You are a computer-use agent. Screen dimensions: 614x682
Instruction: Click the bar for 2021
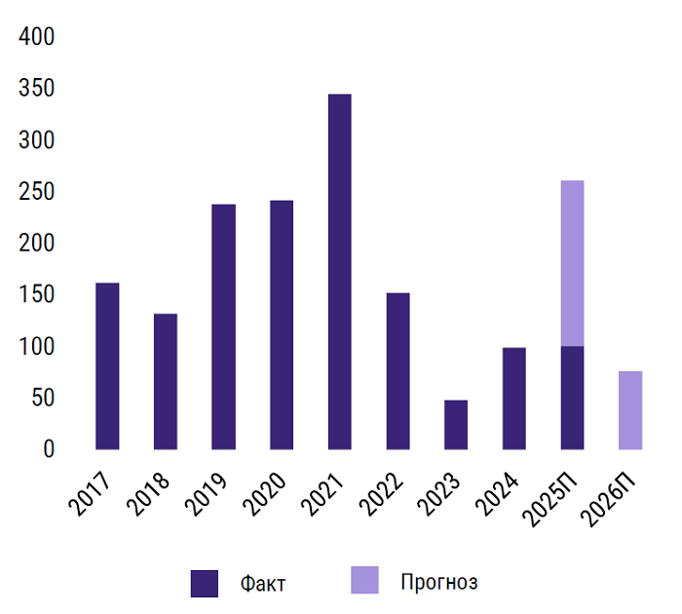pos(340,272)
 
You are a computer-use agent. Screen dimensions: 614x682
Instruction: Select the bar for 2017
pos(107,366)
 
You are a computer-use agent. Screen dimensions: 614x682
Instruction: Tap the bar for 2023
pos(456,425)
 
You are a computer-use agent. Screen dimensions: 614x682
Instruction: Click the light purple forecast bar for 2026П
pos(630,410)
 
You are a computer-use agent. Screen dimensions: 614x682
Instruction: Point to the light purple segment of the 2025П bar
pos(573,263)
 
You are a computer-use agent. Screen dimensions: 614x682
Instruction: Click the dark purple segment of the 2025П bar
pos(573,398)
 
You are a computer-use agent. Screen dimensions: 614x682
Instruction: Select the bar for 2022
pos(398,371)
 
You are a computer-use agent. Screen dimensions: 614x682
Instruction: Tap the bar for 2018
pos(166,382)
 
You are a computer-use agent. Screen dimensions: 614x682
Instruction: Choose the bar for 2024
pos(514,399)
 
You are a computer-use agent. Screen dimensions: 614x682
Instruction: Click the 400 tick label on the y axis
pos(37,38)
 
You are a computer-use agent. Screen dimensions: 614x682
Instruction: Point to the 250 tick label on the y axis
pos(37,193)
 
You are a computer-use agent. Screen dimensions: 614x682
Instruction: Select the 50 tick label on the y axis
pos(44,399)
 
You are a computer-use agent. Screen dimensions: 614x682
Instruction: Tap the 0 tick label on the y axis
pos(50,450)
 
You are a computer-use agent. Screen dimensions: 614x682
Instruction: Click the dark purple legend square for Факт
pos(205,583)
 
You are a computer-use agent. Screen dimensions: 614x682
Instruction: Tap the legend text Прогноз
pos(438,583)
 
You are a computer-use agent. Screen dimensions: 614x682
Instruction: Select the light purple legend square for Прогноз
pos(364,581)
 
